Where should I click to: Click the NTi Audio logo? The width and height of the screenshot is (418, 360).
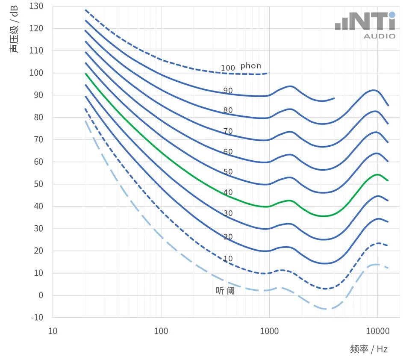click(365, 25)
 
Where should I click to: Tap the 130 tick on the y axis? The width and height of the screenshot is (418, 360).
click(36, 6)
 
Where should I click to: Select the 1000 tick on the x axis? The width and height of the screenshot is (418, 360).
click(269, 331)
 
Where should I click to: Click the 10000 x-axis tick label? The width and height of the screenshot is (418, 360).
click(377, 331)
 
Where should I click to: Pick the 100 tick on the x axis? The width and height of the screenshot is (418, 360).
click(161, 331)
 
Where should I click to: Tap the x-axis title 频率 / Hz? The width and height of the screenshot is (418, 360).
click(369, 349)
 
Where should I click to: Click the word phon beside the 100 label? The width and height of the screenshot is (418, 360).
click(250, 66)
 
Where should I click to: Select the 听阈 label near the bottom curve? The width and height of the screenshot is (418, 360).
click(225, 291)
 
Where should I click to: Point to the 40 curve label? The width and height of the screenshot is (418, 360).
click(228, 192)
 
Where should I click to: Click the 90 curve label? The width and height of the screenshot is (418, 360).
click(228, 91)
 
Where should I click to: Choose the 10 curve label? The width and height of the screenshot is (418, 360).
click(228, 259)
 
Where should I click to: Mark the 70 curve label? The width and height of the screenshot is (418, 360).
click(228, 131)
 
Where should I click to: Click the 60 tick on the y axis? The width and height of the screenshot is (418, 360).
click(38, 162)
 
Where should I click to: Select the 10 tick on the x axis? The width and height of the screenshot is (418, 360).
click(53, 331)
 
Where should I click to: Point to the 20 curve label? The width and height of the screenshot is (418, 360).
click(228, 237)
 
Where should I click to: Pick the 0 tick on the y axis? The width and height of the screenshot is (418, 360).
click(41, 295)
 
